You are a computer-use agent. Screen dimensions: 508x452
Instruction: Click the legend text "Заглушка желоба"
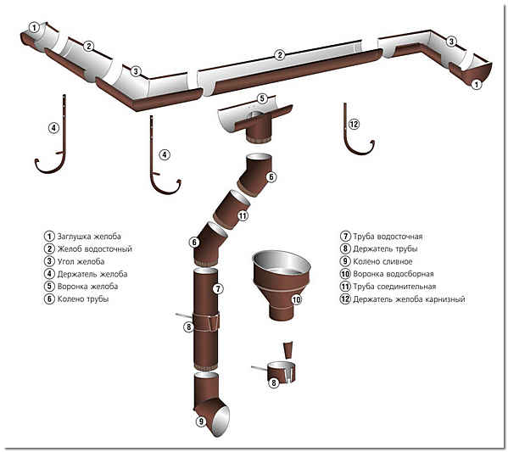click(x=89, y=237)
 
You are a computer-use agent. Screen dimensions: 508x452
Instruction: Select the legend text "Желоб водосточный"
click(x=95, y=248)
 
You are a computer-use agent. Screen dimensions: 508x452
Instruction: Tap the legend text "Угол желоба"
click(x=81, y=261)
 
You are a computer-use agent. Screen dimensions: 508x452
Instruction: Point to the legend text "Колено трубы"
click(x=82, y=299)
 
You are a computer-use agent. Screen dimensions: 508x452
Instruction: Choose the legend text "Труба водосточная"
click(x=388, y=237)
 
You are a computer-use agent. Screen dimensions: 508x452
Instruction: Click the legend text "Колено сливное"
click(x=382, y=261)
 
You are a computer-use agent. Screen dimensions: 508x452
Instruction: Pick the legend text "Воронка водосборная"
click(x=393, y=274)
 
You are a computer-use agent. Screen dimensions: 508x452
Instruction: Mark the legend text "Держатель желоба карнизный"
click(x=409, y=299)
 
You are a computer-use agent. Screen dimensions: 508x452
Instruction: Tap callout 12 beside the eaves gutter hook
click(x=354, y=124)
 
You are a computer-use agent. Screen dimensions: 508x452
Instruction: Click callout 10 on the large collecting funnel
click(x=297, y=299)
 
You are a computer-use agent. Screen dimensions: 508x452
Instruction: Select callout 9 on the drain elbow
click(x=201, y=421)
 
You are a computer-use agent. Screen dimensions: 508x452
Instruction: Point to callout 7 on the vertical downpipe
click(x=218, y=288)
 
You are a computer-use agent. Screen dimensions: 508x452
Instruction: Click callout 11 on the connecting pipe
click(x=243, y=215)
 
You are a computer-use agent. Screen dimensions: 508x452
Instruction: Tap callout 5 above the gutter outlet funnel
click(x=262, y=98)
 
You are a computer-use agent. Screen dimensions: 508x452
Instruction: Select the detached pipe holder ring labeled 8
click(x=282, y=372)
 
